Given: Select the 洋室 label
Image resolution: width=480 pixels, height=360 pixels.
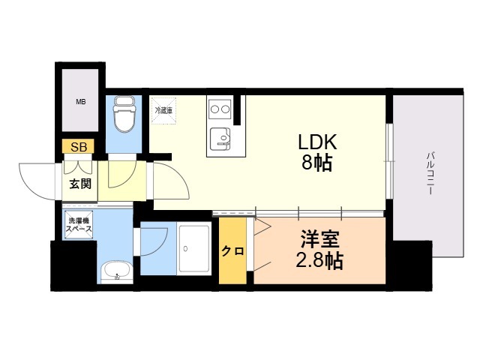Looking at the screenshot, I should point(320,241).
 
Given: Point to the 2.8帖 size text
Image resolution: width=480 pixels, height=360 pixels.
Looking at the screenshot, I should point(320,262).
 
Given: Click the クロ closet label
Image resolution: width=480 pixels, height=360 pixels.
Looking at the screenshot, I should point(232,251).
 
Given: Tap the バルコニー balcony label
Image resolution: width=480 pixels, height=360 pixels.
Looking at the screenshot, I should point(430,173).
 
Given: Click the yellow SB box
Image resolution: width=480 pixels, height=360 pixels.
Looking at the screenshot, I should point(78,147).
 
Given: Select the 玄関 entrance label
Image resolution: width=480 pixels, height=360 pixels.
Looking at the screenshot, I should point(79,184).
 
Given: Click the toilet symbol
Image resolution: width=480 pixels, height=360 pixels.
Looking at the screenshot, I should point(121,115).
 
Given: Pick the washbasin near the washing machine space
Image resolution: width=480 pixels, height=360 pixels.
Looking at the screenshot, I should point(115,271).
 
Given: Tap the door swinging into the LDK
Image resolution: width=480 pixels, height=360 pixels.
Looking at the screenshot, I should point(169,184).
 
